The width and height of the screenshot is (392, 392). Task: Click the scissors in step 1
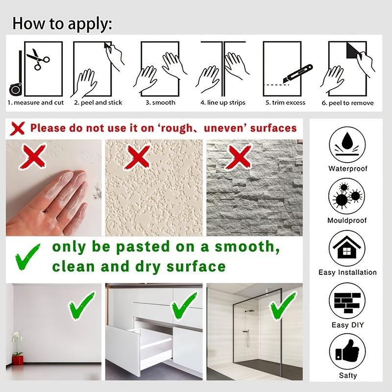pyautogui.click(x=38, y=60)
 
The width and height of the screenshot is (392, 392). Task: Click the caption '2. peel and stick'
pyautogui.click(x=98, y=103)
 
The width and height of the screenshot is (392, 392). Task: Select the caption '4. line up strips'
pyautogui.click(x=223, y=103)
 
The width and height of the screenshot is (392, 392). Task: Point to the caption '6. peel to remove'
pyautogui.click(x=348, y=103)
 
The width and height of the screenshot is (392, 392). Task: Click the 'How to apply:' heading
pyautogui.click(x=62, y=23)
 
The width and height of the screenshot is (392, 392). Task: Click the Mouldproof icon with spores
pyautogui.click(x=347, y=196)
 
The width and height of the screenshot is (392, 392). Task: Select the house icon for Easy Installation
pyautogui.click(x=347, y=248)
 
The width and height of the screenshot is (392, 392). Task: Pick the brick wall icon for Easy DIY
pyautogui.click(x=347, y=301)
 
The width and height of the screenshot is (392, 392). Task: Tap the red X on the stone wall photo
pyautogui.click(x=240, y=158)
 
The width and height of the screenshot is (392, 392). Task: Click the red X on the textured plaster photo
pyautogui.click(x=138, y=158)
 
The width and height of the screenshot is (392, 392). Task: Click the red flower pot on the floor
pyautogui.click(x=18, y=360)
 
